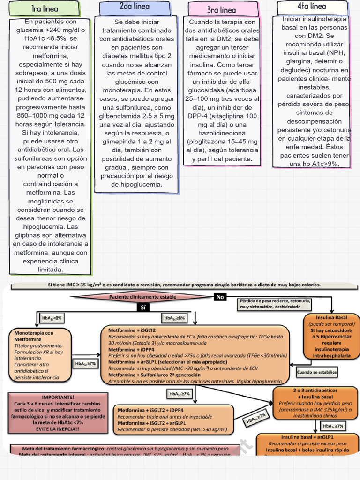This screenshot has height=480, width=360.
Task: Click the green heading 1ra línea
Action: coord(45,9)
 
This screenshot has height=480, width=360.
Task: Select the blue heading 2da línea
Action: coord(135,7)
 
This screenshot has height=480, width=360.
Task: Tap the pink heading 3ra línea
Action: coord(221,10)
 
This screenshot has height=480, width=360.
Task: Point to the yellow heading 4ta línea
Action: coord(312,7)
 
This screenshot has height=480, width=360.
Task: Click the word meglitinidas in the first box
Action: coord(50,201)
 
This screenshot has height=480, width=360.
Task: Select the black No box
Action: coord(220,297)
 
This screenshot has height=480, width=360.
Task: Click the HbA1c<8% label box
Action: coord(52,318)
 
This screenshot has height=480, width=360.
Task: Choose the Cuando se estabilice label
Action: coord(317,373)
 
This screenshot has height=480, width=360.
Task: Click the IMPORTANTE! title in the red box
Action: coord(58,397)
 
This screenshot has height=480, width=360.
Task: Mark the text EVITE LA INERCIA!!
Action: coord(58,429)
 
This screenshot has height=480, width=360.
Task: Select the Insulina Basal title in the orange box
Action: coord(331,318)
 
